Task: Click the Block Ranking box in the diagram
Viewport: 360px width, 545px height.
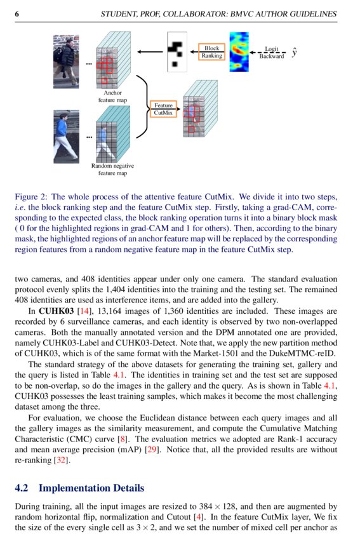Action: click(212, 52)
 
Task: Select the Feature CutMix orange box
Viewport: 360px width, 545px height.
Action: click(163, 109)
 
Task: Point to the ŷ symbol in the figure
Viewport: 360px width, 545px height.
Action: click(294, 53)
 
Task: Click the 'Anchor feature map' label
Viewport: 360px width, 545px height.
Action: click(112, 97)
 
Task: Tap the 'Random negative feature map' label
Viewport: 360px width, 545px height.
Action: click(112, 169)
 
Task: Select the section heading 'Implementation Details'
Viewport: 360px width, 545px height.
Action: click(91, 488)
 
